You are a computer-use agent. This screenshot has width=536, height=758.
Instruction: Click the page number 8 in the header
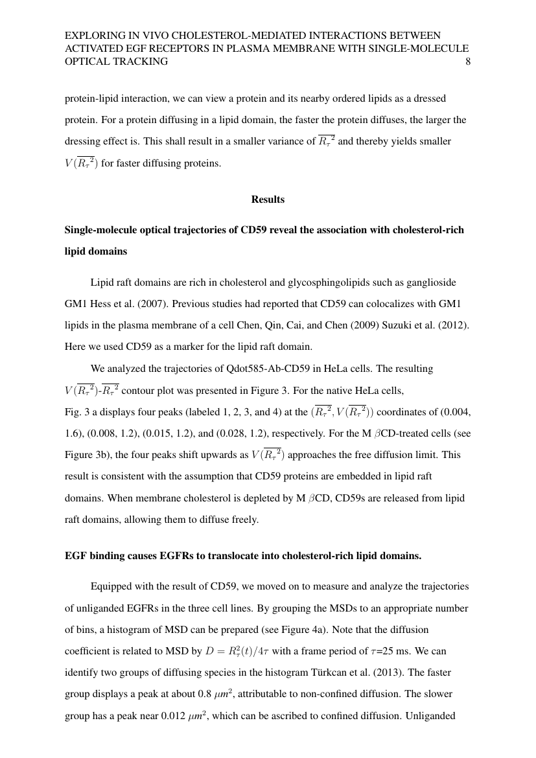pos(467,62)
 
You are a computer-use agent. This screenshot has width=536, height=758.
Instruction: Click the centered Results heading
pos(268,200)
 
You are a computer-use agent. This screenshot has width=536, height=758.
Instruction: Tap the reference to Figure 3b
pos(89,455)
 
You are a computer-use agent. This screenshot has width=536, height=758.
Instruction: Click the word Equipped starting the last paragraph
pos(111,587)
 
